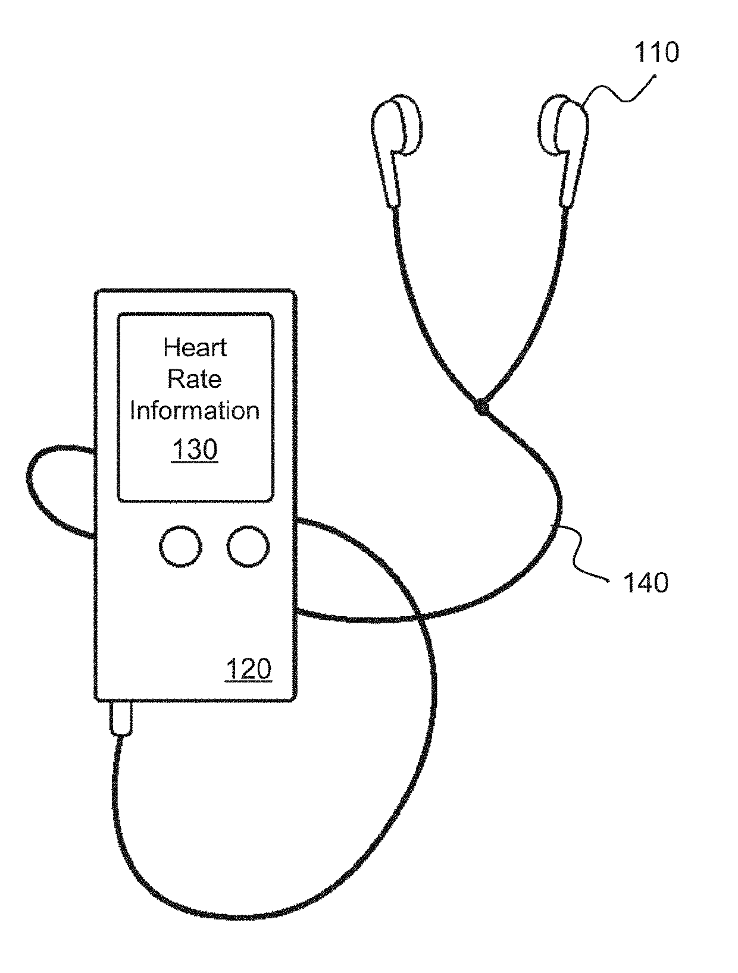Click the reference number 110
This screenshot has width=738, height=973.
click(656, 53)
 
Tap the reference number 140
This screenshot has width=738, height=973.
click(645, 582)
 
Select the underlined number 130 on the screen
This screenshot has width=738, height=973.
click(195, 450)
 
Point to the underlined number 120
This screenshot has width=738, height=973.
click(248, 669)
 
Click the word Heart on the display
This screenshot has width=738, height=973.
click(195, 348)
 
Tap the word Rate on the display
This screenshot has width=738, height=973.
click(195, 379)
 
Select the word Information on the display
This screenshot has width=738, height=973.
click(195, 411)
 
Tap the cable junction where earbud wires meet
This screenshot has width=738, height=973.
click(481, 409)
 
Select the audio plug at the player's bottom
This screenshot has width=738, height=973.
click(121, 718)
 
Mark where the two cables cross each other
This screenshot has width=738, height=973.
click(421, 619)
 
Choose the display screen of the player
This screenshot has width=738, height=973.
click(195, 407)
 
